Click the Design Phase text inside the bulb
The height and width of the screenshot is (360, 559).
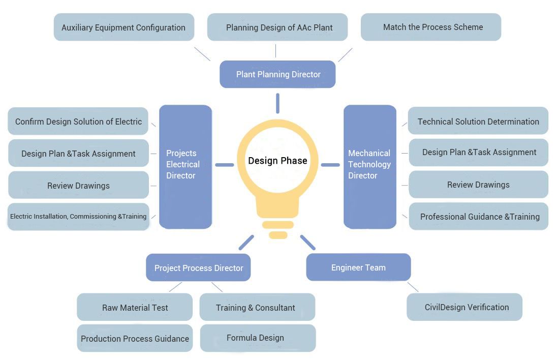[x=277, y=161]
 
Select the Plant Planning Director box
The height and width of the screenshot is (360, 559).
[x=277, y=74]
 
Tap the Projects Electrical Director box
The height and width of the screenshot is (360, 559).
[x=185, y=166]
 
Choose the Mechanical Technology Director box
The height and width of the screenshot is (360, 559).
[x=369, y=166]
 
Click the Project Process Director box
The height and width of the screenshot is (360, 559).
[x=198, y=267]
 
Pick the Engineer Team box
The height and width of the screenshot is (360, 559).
[x=358, y=267]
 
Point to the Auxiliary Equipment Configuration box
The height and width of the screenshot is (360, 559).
[x=123, y=27]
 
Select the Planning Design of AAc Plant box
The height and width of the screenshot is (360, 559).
[x=277, y=27]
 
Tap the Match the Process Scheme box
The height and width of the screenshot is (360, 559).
[x=431, y=27]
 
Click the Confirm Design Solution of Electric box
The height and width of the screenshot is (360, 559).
[x=78, y=122]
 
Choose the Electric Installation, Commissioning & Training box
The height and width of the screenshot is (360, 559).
[x=78, y=217]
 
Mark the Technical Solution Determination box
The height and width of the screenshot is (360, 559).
[x=478, y=121]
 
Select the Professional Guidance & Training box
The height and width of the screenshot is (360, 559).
[x=479, y=217]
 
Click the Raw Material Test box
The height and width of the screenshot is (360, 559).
[x=135, y=307]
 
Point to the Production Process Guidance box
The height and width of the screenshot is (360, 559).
[x=135, y=338]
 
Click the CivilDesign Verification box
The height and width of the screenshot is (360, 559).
[x=464, y=307]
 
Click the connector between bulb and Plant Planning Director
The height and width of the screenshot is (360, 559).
[x=277, y=103]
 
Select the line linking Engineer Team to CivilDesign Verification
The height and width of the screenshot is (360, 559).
[x=413, y=287]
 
